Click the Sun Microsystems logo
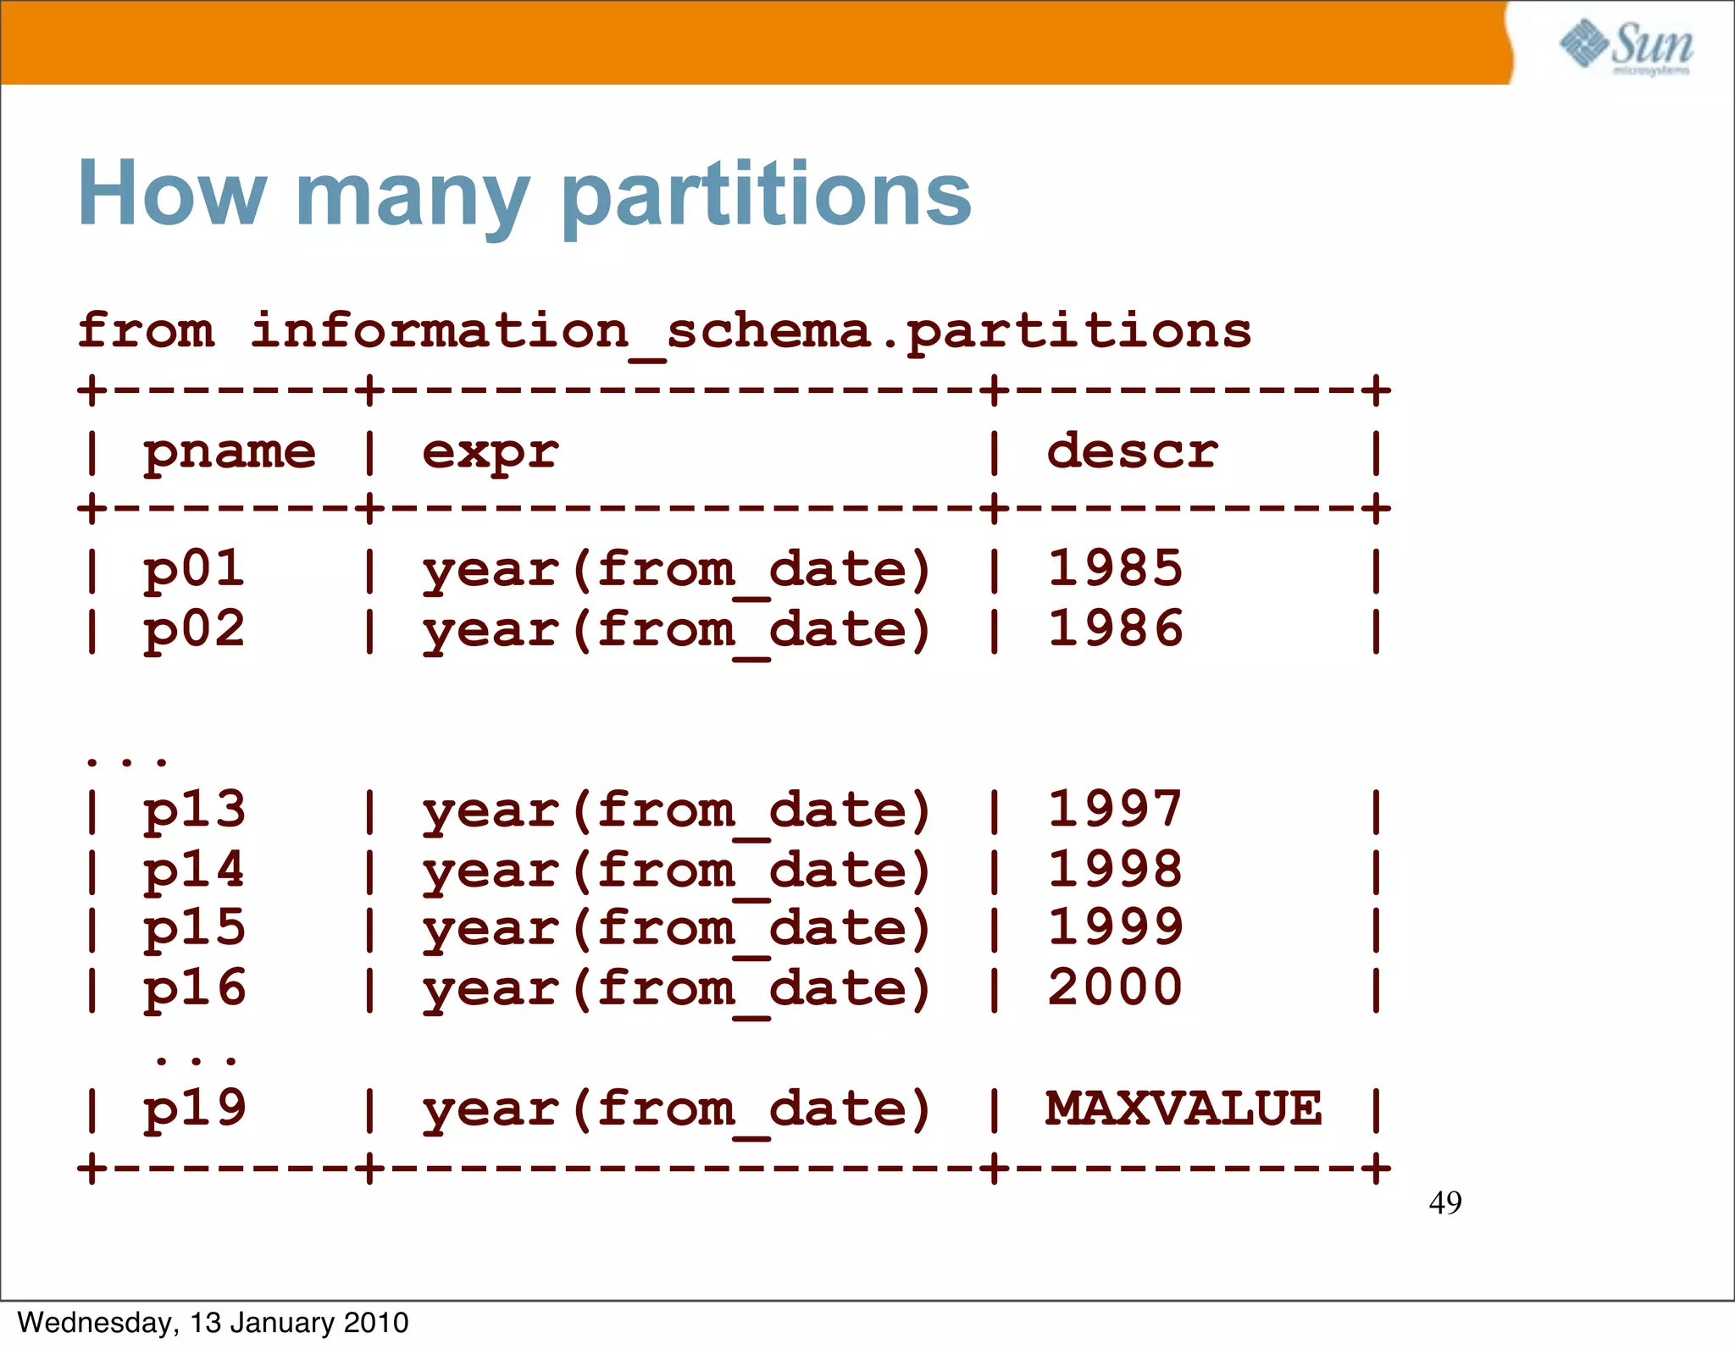1626,47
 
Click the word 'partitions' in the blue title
766,195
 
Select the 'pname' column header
230,452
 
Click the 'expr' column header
491,452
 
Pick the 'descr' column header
1132,451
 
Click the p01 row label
194,569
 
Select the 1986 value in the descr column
1115,629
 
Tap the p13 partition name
194,810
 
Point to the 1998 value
1115,870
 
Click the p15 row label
194,929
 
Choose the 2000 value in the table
1115,988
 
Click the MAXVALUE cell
1183,1109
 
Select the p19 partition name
194,1109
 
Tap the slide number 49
1445,1203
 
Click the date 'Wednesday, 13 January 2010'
213,1323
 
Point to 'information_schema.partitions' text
751,331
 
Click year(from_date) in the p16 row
677,989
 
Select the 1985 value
1115,569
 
